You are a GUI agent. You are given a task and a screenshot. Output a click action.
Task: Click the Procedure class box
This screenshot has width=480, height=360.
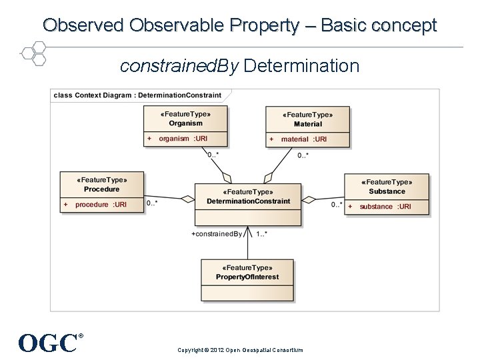click(102, 191)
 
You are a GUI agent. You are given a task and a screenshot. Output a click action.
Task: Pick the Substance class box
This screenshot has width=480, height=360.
click(387, 194)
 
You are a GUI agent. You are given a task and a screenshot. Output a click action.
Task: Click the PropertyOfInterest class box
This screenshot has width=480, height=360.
click(247, 280)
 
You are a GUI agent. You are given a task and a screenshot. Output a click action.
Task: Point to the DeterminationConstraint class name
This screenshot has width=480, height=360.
click(248, 201)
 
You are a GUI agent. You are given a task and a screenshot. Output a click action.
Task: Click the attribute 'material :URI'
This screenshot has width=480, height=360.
click(303, 139)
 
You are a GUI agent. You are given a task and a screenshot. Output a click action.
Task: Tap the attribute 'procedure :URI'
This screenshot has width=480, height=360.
click(101, 205)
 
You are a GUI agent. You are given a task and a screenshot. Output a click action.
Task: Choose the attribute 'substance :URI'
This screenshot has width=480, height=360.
click(385, 207)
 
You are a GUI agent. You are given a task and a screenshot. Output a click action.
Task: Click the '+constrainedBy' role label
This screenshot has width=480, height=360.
click(217, 234)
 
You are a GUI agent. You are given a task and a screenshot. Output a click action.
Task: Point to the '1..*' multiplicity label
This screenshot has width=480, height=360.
click(262, 234)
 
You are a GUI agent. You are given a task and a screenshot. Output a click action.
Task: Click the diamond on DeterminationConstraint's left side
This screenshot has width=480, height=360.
click(187, 198)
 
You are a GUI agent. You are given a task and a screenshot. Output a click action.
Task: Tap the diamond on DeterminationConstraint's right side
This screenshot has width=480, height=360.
click(309, 198)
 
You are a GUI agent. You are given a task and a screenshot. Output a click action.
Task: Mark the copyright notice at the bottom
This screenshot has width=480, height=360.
click(240, 350)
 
